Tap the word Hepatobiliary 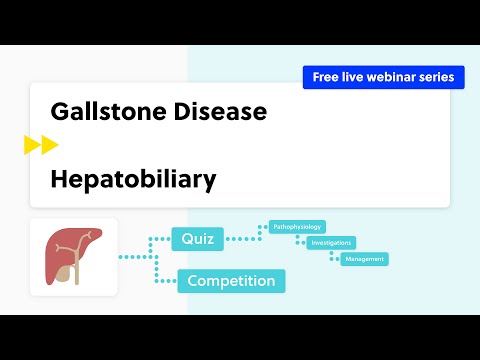(x=134, y=179)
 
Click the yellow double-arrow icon (x=41, y=145)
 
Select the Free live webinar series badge (x=383, y=77)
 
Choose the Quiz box (x=197, y=239)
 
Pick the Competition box (x=231, y=281)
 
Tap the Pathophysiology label (x=297, y=227)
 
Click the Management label (x=364, y=259)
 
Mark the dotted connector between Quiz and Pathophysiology (x=245, y=237)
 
